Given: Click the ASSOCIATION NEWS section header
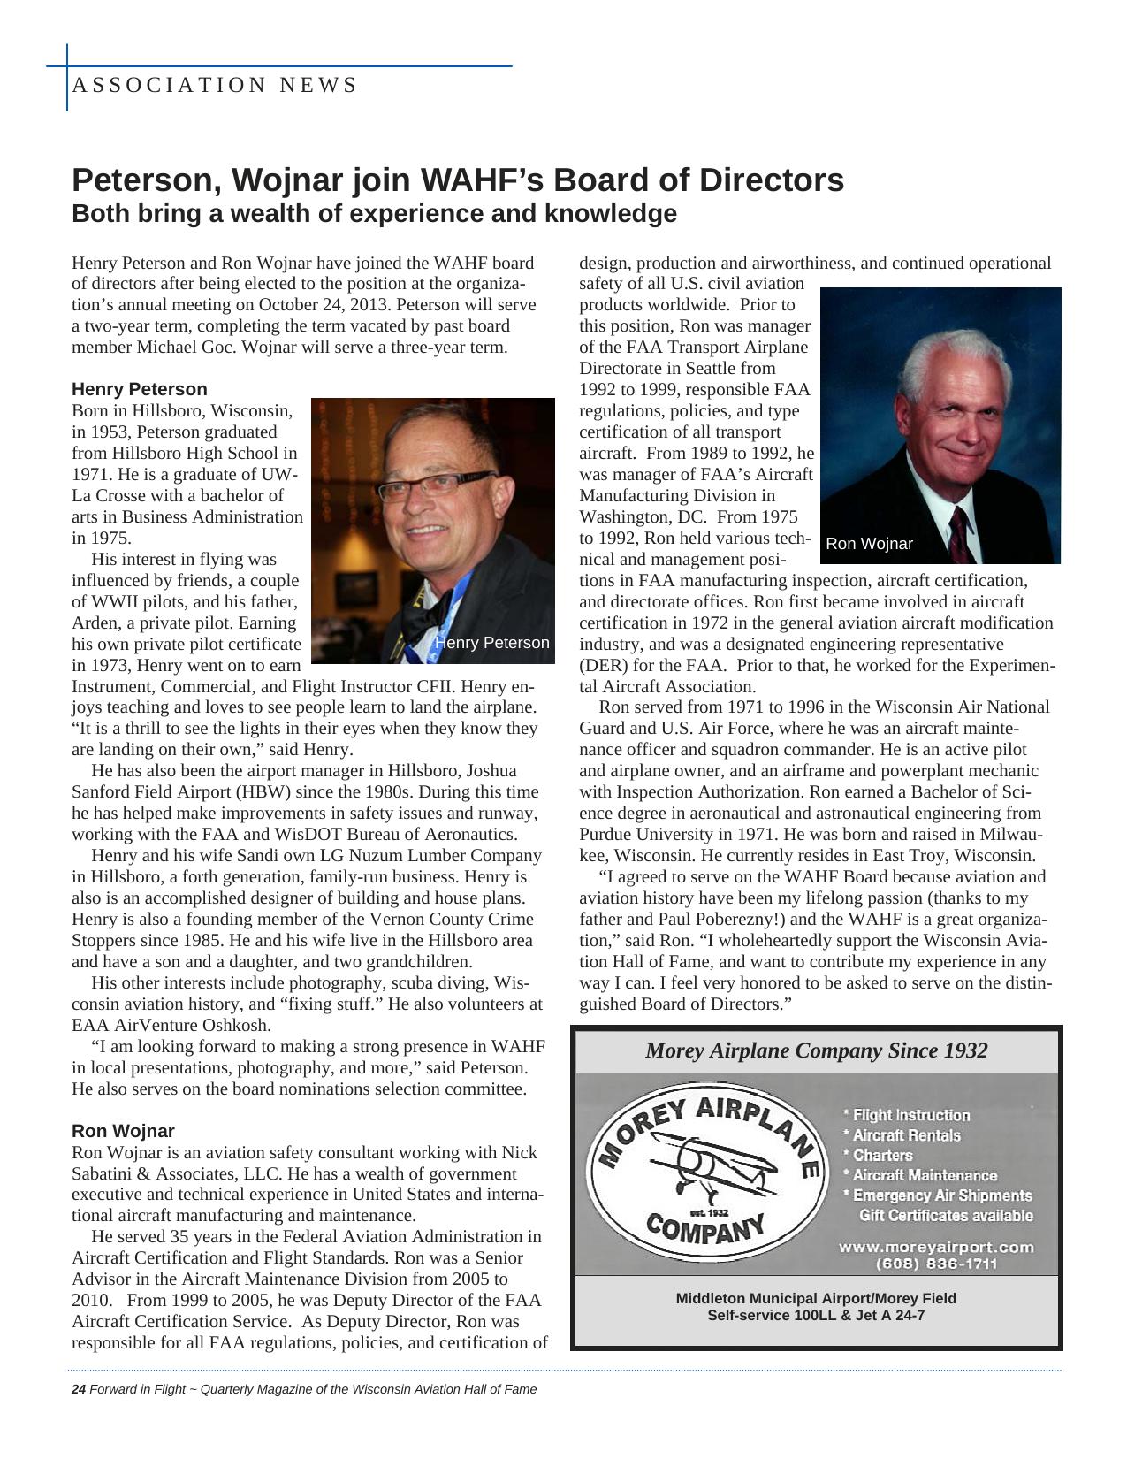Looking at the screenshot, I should (x=214, y=86).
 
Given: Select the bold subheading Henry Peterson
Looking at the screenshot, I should (x=139, y=389).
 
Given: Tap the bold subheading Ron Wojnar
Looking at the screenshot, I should (x=123, y=1131).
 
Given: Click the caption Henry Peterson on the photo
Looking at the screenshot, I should (x=491, y=643).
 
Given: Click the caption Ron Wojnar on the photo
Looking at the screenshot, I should (x=869, y=544).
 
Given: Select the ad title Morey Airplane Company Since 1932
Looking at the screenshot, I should (x=816, y=1050).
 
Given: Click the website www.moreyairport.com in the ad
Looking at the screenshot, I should (x=935, y=1247).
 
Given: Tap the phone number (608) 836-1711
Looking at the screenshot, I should (x=936, y=1264).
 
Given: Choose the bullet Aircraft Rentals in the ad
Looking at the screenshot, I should (x=905, y=1135).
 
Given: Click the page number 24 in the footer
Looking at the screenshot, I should (x=78, y=1389).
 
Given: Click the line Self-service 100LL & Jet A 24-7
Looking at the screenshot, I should (x=816, y=1316).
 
